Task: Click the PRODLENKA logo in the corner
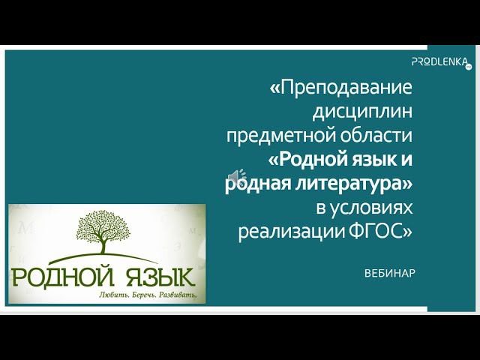tap(440, 61)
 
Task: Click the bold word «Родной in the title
tap(309, 160)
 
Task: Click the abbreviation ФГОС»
tap(382, 232)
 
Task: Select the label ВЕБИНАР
tap(388, 272)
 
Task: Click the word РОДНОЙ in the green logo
tap(58, 274)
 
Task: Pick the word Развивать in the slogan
tap(178, 295)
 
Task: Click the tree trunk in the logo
tap(105, 247)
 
